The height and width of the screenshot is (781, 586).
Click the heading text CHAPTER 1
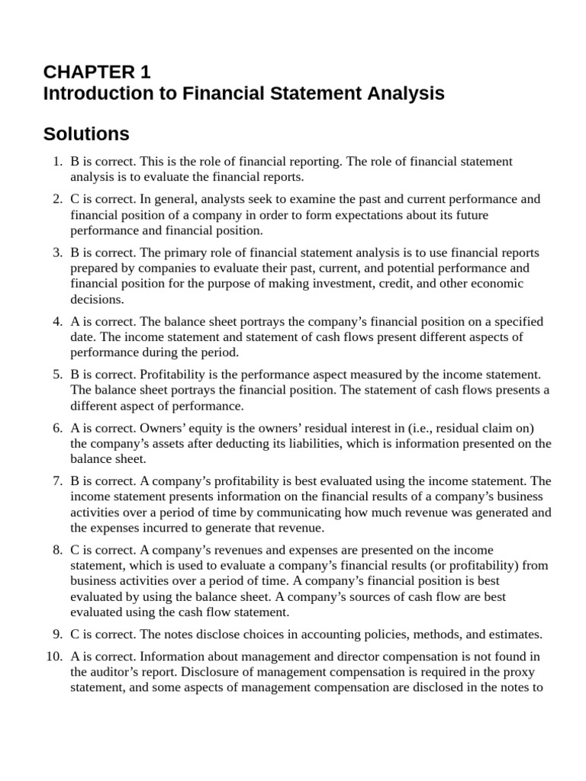click(97, 72)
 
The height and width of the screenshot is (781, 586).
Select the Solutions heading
click(86, 134)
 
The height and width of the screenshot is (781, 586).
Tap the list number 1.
click(56, 162)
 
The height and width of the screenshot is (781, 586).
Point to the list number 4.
click(56, 321)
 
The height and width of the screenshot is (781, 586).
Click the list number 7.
click(56, 480)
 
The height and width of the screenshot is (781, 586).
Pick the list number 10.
click(53, 655)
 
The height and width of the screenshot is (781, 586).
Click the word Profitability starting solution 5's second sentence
click(170, 374)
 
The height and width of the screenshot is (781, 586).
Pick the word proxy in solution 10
click(520, 671)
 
